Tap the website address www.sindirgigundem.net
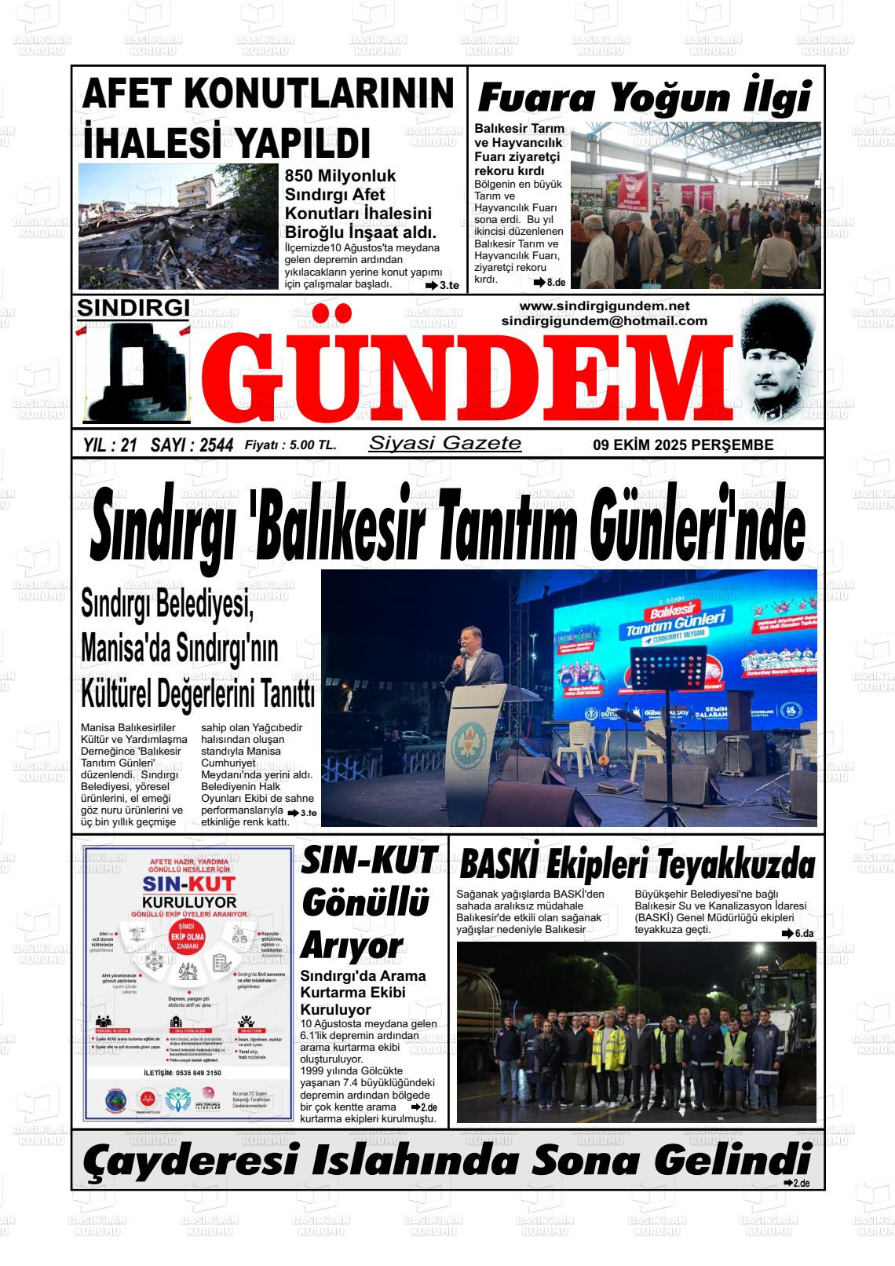[604, 306]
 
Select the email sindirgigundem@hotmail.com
[604, 320]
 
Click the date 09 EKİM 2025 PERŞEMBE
[683, 445]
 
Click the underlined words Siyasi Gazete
[444, 443]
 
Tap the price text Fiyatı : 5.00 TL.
[290, 445]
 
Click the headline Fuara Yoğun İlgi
[644, 100]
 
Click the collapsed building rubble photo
[178, 226]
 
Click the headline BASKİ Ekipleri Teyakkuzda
[637, 865]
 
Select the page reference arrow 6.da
[798, 933]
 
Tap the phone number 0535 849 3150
[192, 1073]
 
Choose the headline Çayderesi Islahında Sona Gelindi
[446, 1160]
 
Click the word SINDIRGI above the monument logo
[133, 309]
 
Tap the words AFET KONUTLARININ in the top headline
[268, 94]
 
